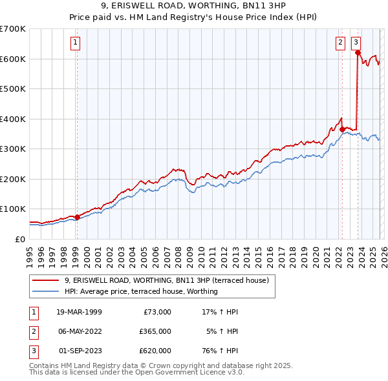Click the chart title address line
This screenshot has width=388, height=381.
(193, 5)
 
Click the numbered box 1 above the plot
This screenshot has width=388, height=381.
(76, 43)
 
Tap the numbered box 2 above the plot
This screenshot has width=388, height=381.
(340, 43)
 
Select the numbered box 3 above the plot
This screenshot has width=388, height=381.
(356, 43)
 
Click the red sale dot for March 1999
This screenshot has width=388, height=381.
(77, 217)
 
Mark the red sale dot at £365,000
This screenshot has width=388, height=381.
(342, 129)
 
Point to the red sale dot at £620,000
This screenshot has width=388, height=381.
(358, 53)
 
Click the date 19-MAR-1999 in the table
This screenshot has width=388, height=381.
(79, 312)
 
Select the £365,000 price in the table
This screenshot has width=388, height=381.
(155, 331)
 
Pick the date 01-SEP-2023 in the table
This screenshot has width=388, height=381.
(80, 351)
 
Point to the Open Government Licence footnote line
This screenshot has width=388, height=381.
(136, 373)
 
